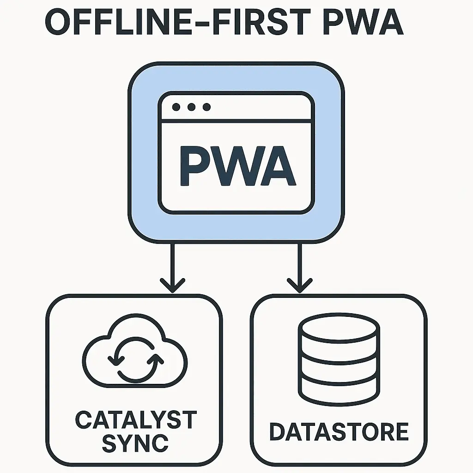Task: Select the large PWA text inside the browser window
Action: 236,165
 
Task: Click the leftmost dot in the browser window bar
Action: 176,107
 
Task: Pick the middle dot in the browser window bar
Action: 191,107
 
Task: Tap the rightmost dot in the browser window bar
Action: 206,107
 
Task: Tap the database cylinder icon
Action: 339,359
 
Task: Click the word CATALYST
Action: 135,420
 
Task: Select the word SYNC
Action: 135,443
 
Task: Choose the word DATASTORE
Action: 339,432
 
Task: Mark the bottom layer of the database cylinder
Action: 339,390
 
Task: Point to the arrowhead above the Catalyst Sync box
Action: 172,284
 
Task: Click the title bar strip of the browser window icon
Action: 259,107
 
